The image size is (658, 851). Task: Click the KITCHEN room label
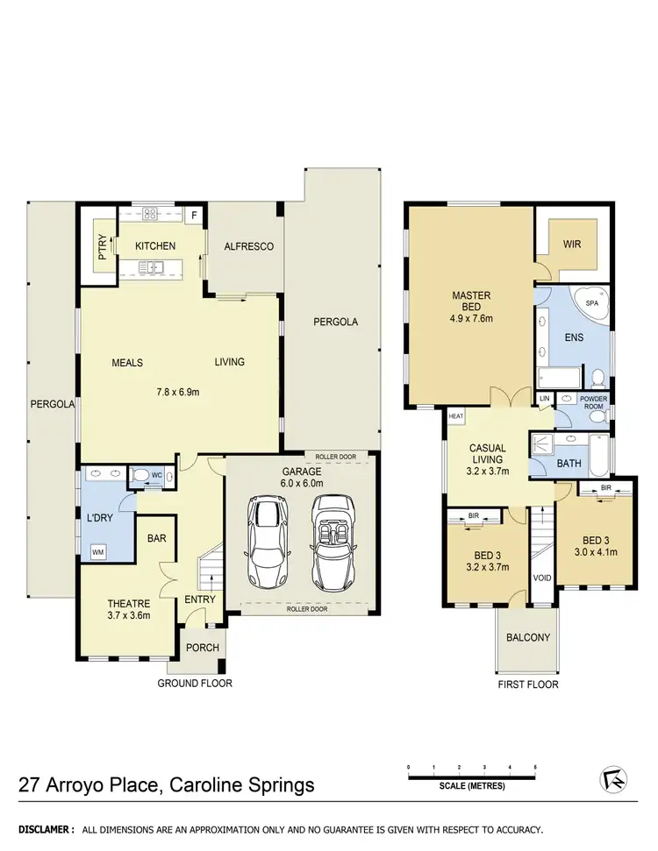tap(155, 246)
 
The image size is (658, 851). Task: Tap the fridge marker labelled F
tap(193, 214)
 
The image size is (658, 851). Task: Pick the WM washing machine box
tap(97, 552)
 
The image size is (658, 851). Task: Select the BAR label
tap(158, 539)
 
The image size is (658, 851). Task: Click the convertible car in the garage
tap(332, 543)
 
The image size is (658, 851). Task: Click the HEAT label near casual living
tap(455, 417)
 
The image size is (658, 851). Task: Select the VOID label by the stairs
tap(541, 578)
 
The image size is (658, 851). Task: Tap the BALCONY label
tap(527, 637)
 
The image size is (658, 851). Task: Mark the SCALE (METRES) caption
tap(472, 786)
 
